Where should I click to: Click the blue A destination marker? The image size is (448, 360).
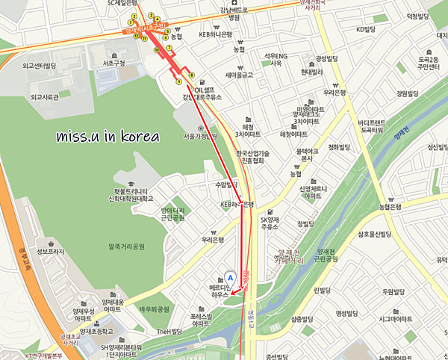click(231, 276)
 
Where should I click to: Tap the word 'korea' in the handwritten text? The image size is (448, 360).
click(142, 137)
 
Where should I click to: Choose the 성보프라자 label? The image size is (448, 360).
click(50, 252)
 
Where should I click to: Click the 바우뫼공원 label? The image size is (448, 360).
click(154, 308)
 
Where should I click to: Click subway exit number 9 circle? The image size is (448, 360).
click(179, 81)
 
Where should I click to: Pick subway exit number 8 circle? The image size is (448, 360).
click(192, 75)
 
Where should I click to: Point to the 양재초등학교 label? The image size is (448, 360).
click(93, 330)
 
